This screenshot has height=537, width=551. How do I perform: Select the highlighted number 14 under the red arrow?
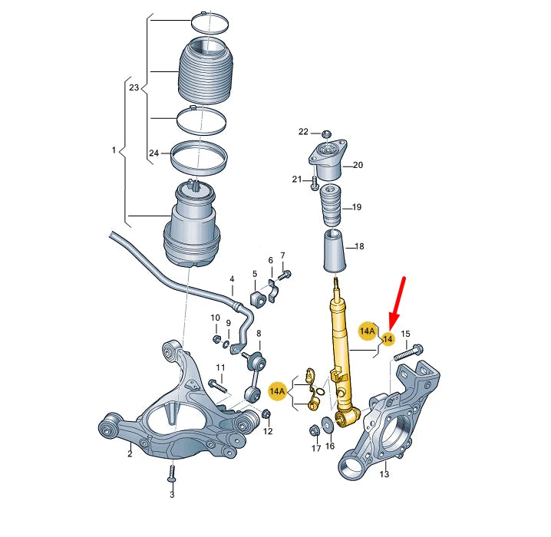388,339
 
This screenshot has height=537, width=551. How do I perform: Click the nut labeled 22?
326,134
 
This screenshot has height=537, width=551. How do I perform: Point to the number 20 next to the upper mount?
358,165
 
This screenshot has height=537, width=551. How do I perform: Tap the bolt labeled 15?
406,354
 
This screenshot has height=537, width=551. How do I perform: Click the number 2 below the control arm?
130,454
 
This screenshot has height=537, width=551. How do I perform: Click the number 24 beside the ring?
153,153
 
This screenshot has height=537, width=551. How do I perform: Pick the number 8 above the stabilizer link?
259,334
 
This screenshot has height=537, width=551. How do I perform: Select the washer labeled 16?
330,420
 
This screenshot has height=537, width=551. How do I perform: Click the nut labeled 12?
266,415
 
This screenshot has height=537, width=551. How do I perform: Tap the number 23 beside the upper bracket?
134,88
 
